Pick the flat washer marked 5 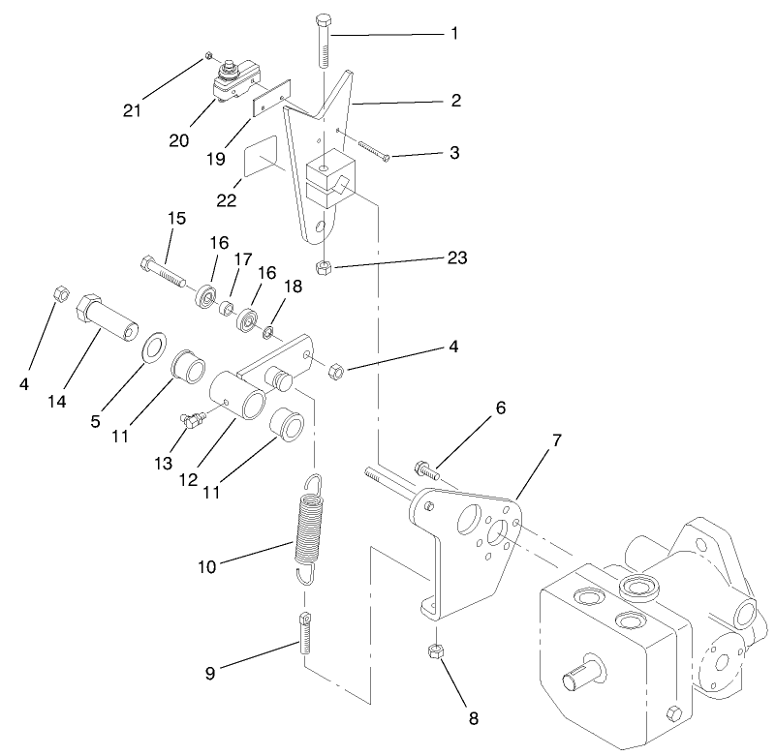click(x=152, y=348)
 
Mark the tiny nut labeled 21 click(x=208, y=57)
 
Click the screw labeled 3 click(x=371, y=150)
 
